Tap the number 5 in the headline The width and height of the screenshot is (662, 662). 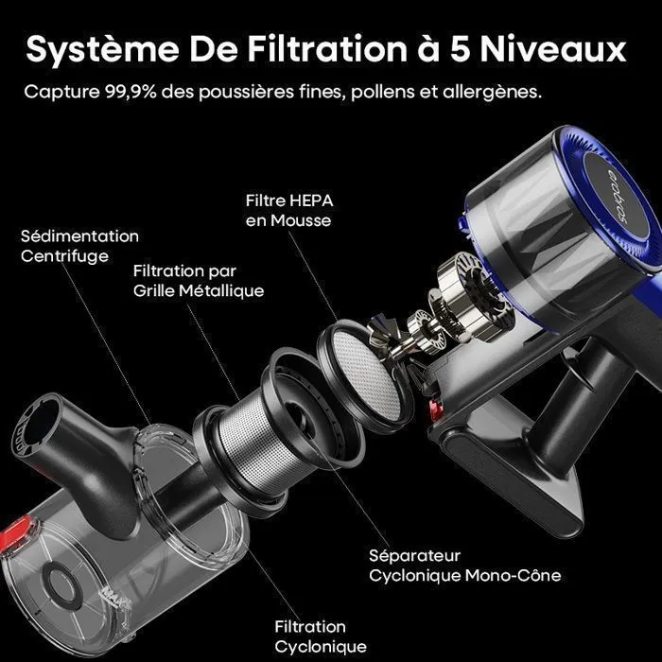pyautogui.click(x=462, y=50)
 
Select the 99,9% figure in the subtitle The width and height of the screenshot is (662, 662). pyautogui.click(x=131, y=91)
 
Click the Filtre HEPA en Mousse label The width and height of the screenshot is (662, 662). pyautogui.click(x=289, y=210)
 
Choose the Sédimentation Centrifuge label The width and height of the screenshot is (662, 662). pyautogui.click(x=79, y=246)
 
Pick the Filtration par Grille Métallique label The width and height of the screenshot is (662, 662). pyautogui.click(x=199, y=281)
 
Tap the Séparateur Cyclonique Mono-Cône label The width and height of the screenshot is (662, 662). pyautogui.click(x=465, y=566)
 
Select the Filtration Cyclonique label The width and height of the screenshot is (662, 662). pyautogui.click(x=321, y=636)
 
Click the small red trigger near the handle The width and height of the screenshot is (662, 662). pyautogui.click(x=435, y=409)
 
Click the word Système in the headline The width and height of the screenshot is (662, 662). pyautogui.click(x=102, y=50)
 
